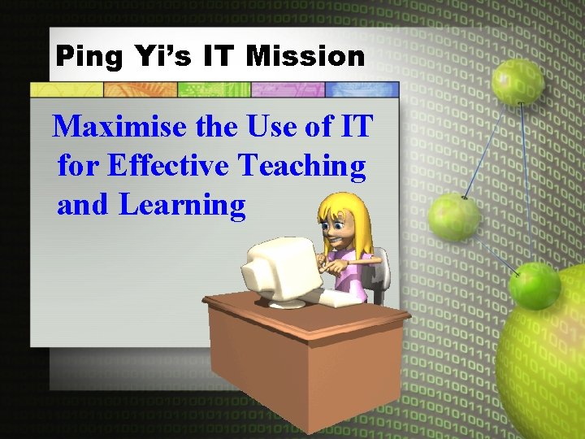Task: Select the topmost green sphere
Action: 518,81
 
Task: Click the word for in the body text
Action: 78,166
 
